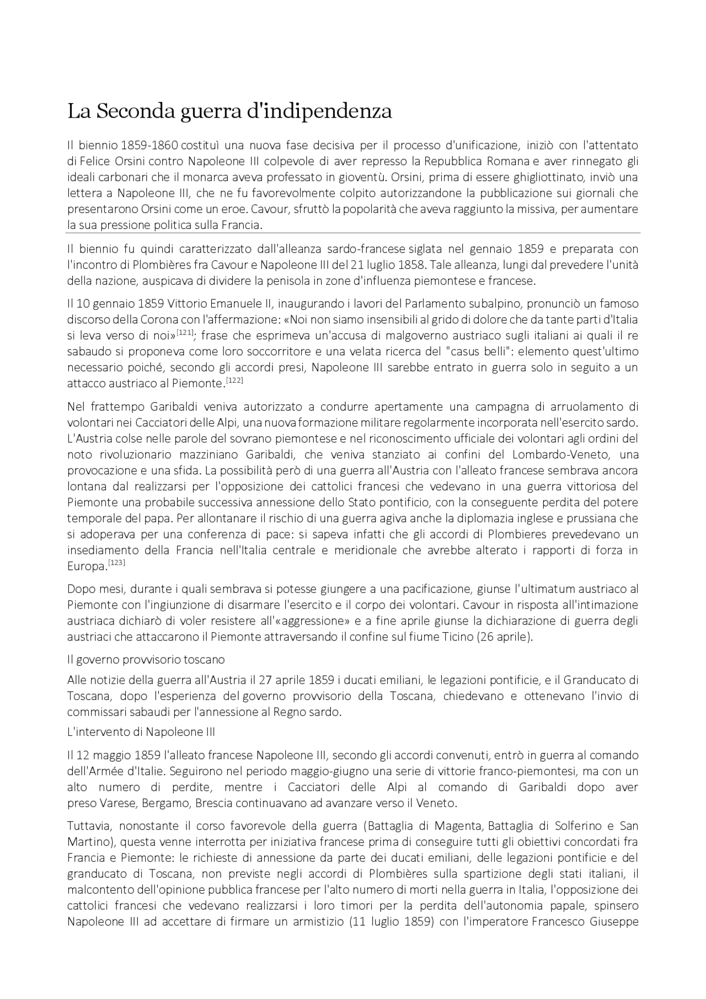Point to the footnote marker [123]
pos(117,563)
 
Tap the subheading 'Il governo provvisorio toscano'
pos(146,660)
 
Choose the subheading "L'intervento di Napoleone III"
pos(141,733)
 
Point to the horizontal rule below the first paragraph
pos(353,233)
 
